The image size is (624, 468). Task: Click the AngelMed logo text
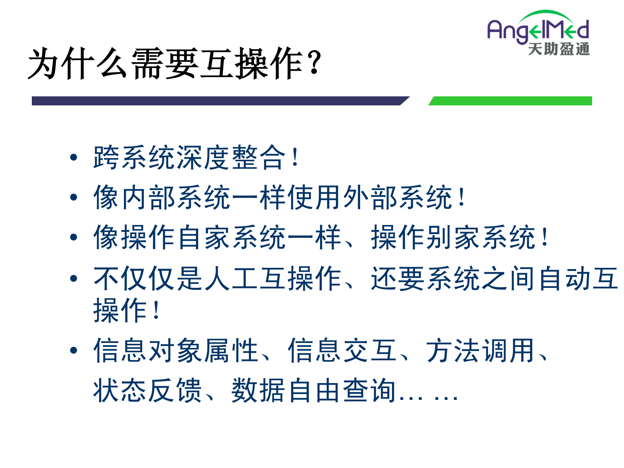(538, 30)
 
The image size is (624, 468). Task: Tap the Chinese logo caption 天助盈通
(559, 49)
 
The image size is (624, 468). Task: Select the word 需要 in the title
(165, 64)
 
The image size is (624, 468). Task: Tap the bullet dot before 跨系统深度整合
(74, 158)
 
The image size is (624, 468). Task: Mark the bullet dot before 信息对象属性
(74, 350)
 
